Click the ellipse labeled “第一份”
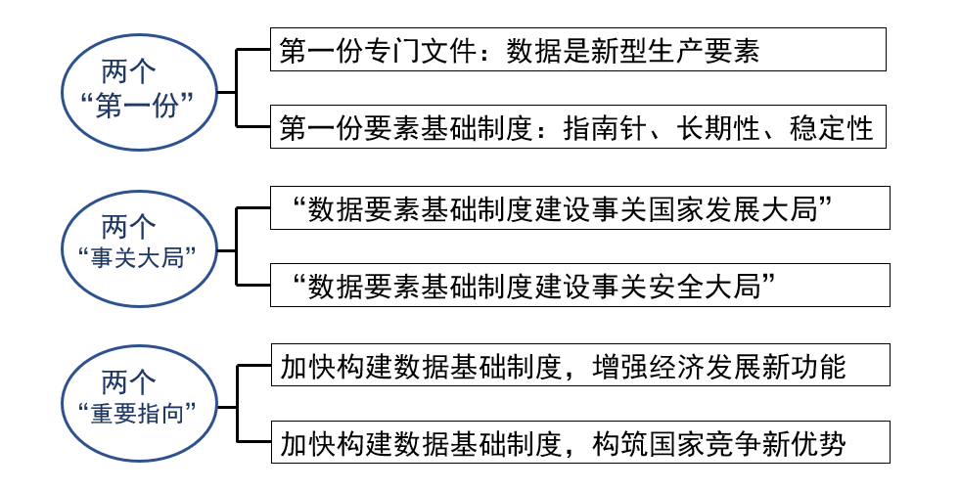click(140, 90)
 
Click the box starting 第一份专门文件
click(577, 49)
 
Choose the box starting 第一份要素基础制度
click(577, 126)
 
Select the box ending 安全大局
click(579, 285)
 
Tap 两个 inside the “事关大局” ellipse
click(129, 228)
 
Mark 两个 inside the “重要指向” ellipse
click(129, 380)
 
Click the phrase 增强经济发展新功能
click(719, 366)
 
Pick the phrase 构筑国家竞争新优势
click(719, 443)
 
